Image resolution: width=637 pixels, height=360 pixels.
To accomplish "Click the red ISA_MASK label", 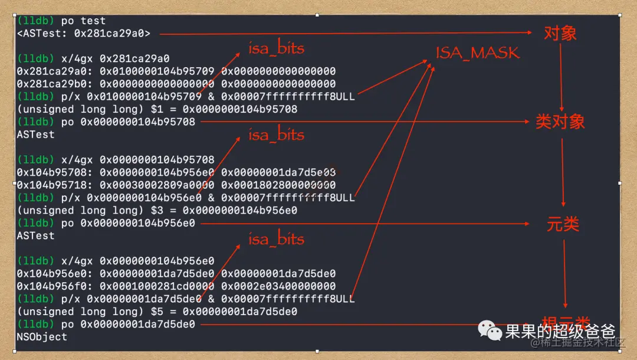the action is click(478, 53).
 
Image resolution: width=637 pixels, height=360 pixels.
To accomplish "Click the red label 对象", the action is click(560, 33).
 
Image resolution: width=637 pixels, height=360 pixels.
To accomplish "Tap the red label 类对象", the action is click(560, 122).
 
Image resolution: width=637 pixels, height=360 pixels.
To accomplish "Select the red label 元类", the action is click(563, 224).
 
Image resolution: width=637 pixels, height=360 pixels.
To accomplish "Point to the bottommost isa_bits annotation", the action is click(276, 239).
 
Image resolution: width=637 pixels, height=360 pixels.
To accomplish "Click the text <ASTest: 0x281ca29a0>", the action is click(83, 34).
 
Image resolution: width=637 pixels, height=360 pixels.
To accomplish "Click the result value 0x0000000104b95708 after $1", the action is click(239, 109).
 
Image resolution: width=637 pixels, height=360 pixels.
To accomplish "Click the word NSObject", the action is click(42, 337).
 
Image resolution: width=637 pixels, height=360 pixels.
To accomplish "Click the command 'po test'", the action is click(83, 21).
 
